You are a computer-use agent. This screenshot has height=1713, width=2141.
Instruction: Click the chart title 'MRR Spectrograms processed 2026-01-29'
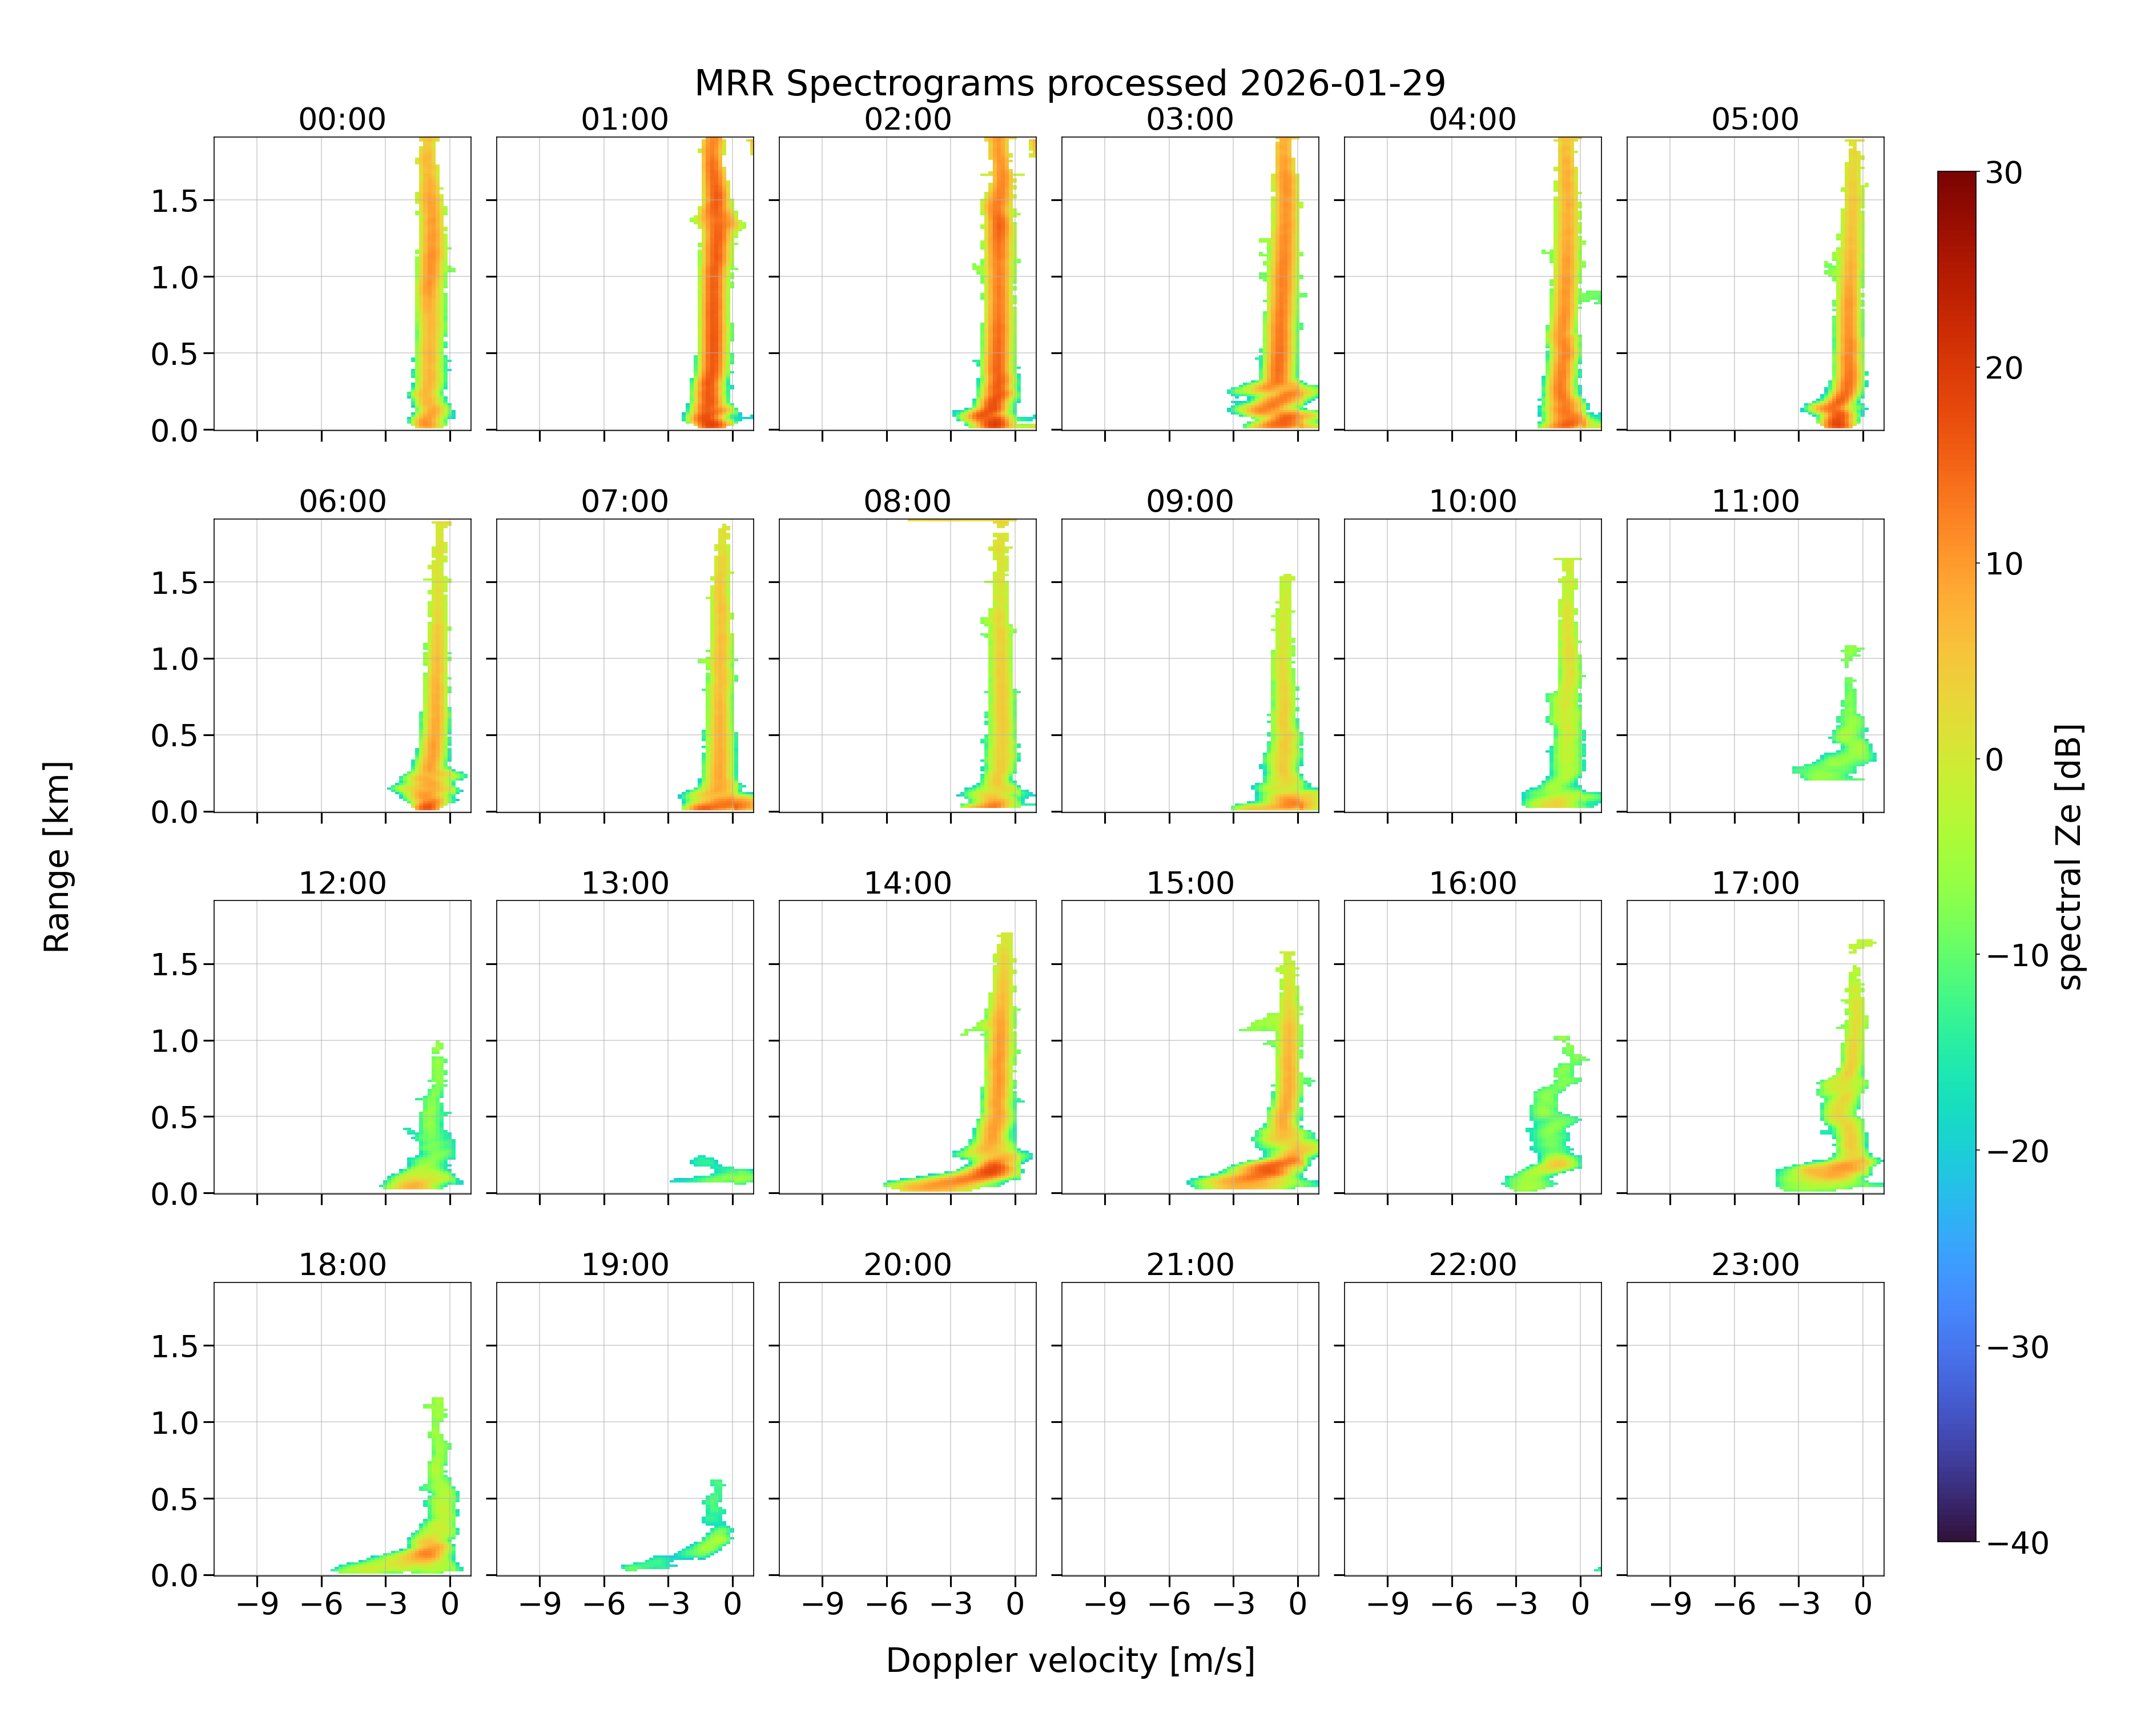(1069, 83)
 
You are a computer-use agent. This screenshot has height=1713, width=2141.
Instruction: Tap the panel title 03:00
(1190, 119)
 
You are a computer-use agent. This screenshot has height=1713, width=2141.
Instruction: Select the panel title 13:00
(625, 883)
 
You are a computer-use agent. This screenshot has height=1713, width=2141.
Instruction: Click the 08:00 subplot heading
(908, 501)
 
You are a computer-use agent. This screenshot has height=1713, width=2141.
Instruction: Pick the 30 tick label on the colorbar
(2004, 173)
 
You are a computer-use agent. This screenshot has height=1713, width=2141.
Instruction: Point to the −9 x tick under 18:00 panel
(257, 1604)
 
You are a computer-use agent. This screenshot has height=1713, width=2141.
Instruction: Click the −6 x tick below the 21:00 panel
(1169, 1604)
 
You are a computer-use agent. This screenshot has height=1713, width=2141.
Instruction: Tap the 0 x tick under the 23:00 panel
(1863, 1604)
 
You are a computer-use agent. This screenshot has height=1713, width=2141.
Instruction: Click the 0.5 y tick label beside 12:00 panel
(175, 1117)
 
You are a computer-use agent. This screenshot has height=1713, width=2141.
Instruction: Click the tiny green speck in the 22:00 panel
(1598, 1569)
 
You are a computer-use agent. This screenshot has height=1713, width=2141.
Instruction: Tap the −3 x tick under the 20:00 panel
(951, 1604)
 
